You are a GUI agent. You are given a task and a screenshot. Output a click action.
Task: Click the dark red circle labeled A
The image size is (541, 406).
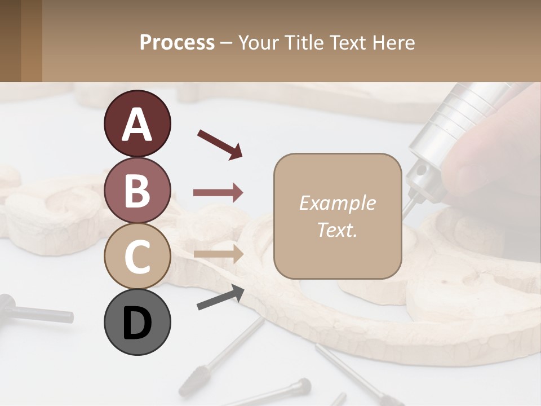[x=137, y=124]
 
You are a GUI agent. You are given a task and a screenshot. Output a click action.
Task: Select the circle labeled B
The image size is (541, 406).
[x=137, y=191]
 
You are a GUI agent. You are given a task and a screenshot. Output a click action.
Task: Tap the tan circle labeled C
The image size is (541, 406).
[x=137, y=257]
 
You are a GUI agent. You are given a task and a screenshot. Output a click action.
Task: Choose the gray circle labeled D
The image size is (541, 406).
[x=137, y=323]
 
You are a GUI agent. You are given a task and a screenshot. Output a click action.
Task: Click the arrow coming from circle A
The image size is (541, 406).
[x=220, y=144]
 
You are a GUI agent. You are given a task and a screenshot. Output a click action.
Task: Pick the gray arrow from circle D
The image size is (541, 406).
[x=220, y=297]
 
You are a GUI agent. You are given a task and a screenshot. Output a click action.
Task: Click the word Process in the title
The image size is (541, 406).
[x=177, y=43]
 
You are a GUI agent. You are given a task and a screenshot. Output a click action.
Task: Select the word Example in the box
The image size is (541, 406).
[x=337, y=203]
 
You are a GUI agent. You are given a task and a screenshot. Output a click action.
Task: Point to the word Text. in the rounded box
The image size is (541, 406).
[x=337, y=230]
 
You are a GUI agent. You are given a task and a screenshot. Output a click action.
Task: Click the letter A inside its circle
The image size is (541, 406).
[x=137, y=125]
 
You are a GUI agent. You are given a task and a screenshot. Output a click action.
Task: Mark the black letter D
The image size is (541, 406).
[x=137, y=323]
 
